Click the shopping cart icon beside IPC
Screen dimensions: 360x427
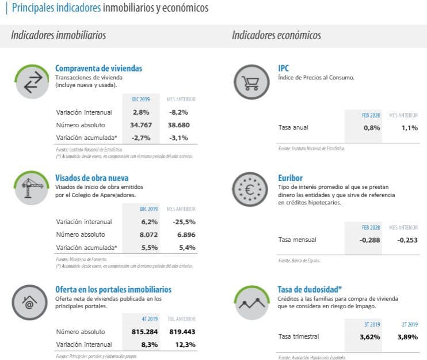tap(252, 83)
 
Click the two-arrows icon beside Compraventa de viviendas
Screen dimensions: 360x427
tap(31, 84)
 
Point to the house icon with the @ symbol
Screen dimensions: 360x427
tap(31, 303)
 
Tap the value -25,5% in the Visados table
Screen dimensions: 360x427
tap(183, 221)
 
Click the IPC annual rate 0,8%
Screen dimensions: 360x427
tap(372, 128)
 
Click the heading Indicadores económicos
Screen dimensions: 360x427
tap(276, 35)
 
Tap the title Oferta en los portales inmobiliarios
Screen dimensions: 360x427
tap(113, 289)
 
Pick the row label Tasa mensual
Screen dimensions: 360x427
tap(297, 240)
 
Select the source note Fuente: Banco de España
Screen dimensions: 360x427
tap(299, 260)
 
